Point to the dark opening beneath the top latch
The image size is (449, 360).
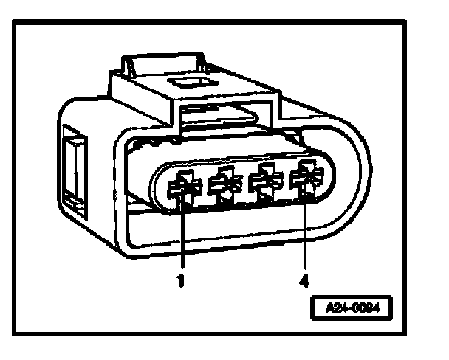coord(214,114)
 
